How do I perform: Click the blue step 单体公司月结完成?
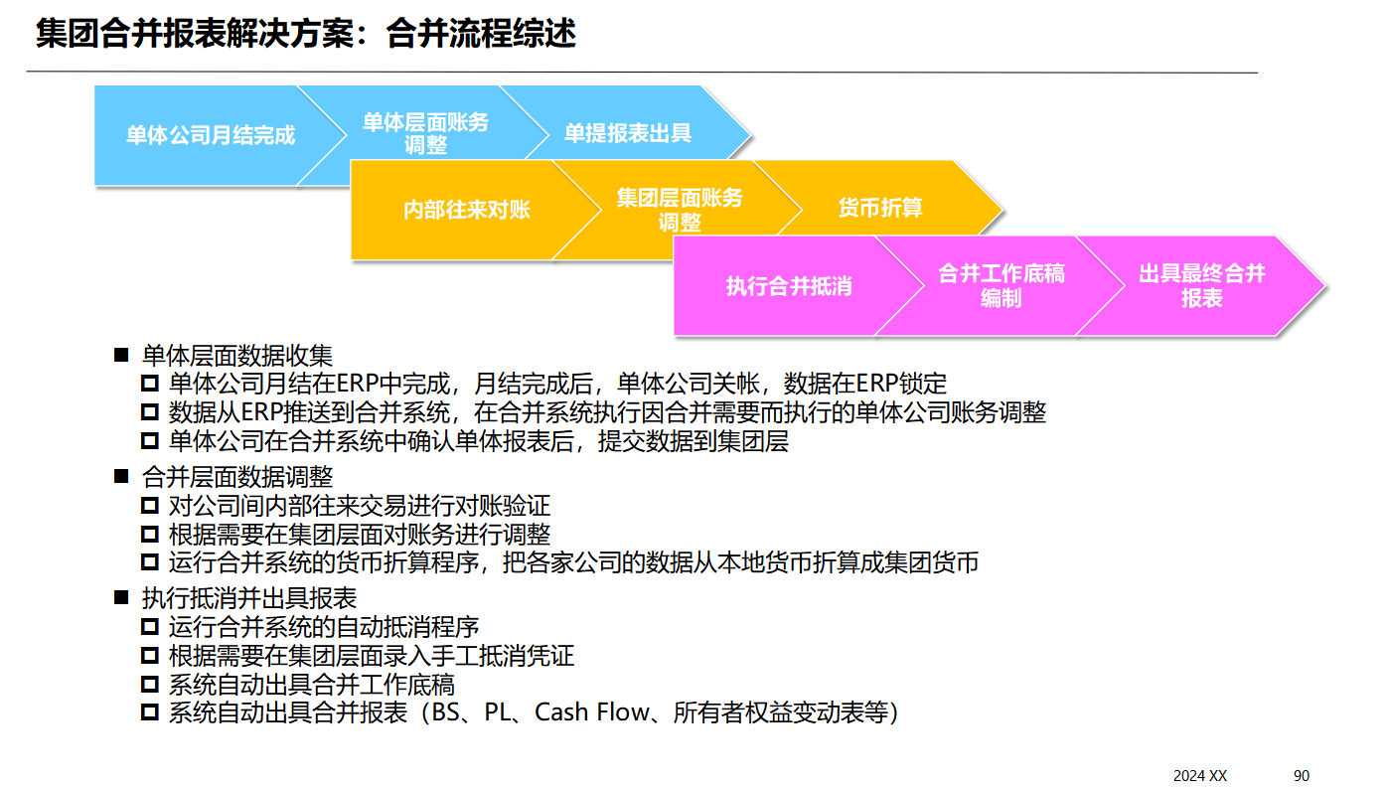210,135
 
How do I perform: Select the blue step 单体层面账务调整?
425,134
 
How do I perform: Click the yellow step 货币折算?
880,208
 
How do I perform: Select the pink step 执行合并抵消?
789,287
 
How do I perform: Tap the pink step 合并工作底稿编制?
1001,286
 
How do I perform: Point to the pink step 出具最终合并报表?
1201,286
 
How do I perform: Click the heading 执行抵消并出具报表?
248,598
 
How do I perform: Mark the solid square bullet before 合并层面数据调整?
122,478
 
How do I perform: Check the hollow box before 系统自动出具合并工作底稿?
150,684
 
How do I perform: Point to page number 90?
1302,775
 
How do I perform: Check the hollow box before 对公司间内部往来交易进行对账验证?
150,507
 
